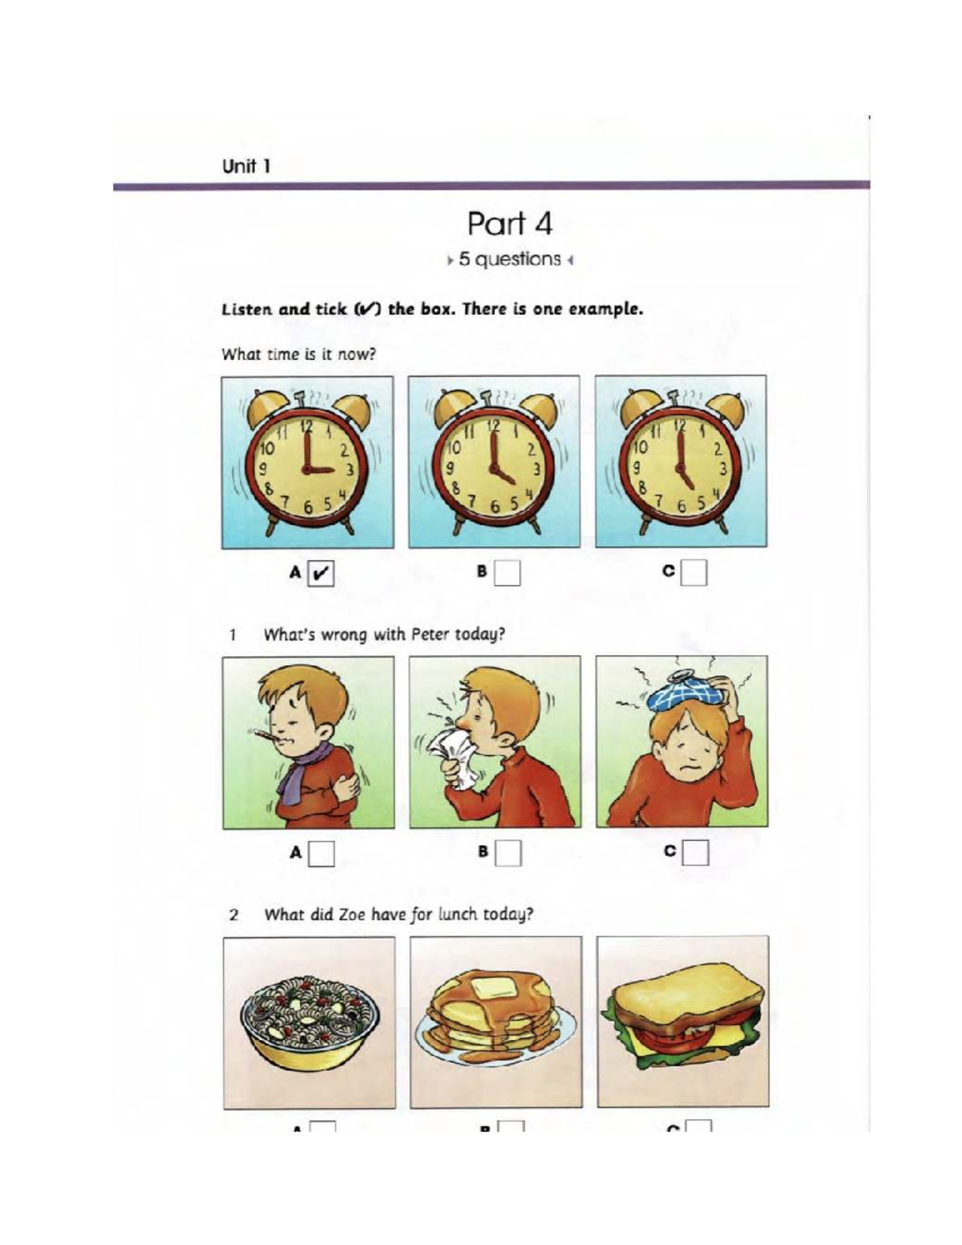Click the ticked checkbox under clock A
321,573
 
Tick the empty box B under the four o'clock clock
507,572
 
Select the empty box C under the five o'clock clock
694,572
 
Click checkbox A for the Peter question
322,853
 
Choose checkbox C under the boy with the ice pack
696,852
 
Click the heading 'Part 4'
509,224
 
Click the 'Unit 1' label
246,167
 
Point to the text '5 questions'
510,260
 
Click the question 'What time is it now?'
298,354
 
